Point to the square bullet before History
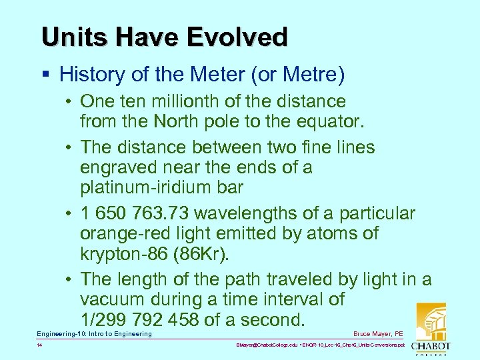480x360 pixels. (45, 75)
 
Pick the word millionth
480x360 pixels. (182, 101)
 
